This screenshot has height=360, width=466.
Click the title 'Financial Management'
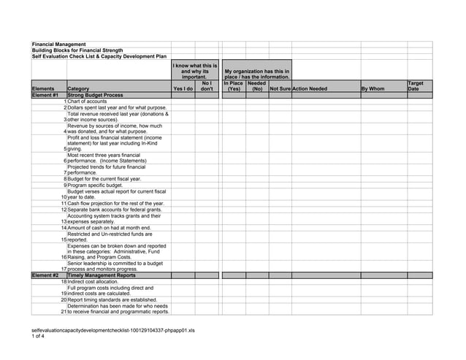59,45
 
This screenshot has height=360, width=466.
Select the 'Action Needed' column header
310,89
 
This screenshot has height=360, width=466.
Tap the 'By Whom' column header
373,89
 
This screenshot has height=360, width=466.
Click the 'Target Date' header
415,86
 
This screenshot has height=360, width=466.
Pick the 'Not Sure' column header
280,89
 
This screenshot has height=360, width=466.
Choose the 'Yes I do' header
183,89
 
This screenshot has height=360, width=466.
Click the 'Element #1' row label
45,95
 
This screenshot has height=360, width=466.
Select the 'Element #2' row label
45,275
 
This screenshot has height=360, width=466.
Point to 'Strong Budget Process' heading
95,95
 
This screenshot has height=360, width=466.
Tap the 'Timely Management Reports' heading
101,275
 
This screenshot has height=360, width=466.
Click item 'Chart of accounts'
87,102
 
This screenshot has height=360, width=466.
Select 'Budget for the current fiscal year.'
104,179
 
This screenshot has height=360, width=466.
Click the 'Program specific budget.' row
95,185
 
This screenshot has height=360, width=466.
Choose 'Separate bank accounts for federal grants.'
115,210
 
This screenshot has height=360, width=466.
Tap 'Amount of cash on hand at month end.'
109,228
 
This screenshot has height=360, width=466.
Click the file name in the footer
113,330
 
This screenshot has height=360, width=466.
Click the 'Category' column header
78,89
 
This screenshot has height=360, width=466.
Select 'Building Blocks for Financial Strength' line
77,50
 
